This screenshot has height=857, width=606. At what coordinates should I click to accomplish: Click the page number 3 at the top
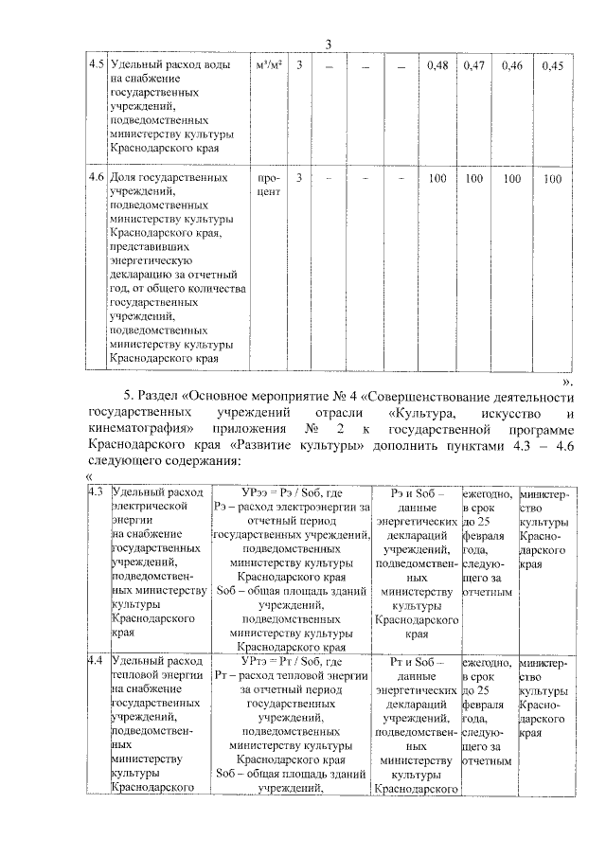[x=329, y=46]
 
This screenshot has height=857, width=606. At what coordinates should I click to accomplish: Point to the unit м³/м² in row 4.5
[x=268, y=65]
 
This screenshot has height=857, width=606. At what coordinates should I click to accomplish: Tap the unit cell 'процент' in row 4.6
[x=268, y=185]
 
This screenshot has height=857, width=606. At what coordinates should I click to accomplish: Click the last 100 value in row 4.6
[x=552, y=177]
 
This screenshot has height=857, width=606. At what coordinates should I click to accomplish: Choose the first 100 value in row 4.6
[x=437, y=177]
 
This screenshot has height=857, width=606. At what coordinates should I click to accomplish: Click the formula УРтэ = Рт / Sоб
[x=291, y=660]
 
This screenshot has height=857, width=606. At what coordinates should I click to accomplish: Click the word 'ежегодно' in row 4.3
[x=488, y=493]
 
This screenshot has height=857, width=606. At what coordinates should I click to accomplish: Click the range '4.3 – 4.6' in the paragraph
[x=543, y=444]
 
